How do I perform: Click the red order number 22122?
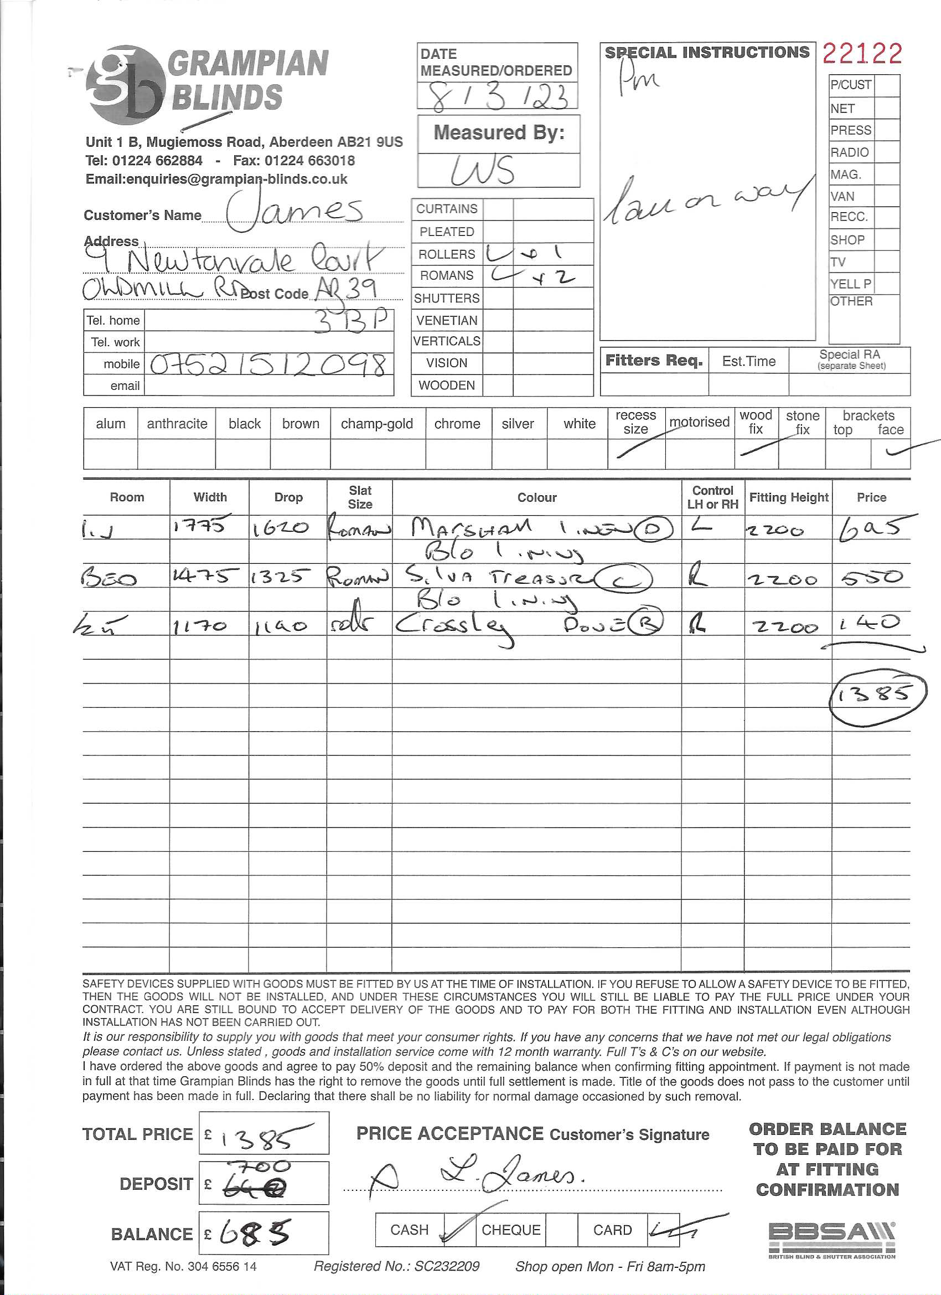coord(862,54)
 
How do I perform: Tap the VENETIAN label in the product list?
coord(446,320)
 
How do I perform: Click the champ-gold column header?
coord(376,424)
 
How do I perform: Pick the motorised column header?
coord(699,422)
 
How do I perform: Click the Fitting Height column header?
coord(788,497)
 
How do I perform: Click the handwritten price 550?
coord(871,577)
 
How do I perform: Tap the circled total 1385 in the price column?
coord(877,693)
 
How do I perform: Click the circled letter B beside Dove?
coord(646,624)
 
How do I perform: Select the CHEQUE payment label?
coord(511,1229)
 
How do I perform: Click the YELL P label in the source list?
coord(850,284)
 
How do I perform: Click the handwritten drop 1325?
coord(281,577)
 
